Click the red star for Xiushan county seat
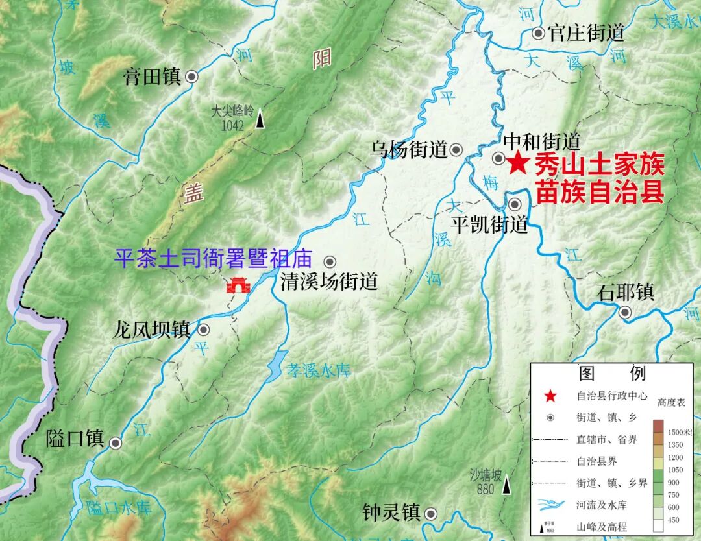tap(517, 163)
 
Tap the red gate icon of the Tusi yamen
tap(237, 285)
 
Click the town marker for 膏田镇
tap(191, 77)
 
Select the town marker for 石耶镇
tap(625, 312)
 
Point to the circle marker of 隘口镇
tap(116, 443)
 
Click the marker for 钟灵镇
tap(430, 514)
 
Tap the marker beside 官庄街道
tap(538, 33)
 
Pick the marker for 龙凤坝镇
tap(204, 330)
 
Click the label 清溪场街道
tap(328, 282)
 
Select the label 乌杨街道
tap(410, 150)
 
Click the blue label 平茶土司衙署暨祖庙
tap(213, 259)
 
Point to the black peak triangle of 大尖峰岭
tap(260, 120)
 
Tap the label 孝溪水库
tap(319, 371)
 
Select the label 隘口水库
tap(119, 507)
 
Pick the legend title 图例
tap(612, 373)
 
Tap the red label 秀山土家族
tap(599, 166)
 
